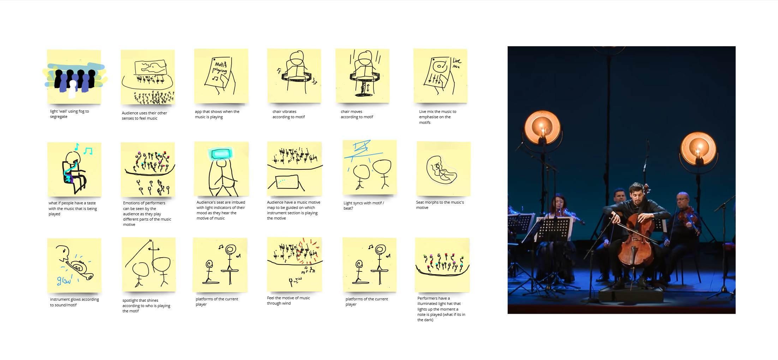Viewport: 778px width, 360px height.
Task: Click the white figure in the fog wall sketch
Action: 72,89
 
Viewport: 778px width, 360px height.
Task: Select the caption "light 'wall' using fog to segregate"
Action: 69,114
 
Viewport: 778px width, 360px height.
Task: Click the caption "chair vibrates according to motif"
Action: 288,114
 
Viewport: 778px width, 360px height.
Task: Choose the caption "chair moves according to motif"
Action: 357,114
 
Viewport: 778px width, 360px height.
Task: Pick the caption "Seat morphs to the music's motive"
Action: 440,205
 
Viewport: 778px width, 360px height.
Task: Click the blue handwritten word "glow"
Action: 64,280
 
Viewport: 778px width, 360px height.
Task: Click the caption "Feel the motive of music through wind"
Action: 288,301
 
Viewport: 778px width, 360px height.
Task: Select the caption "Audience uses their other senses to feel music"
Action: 144,116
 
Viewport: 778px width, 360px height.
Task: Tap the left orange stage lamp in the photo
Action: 542,128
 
